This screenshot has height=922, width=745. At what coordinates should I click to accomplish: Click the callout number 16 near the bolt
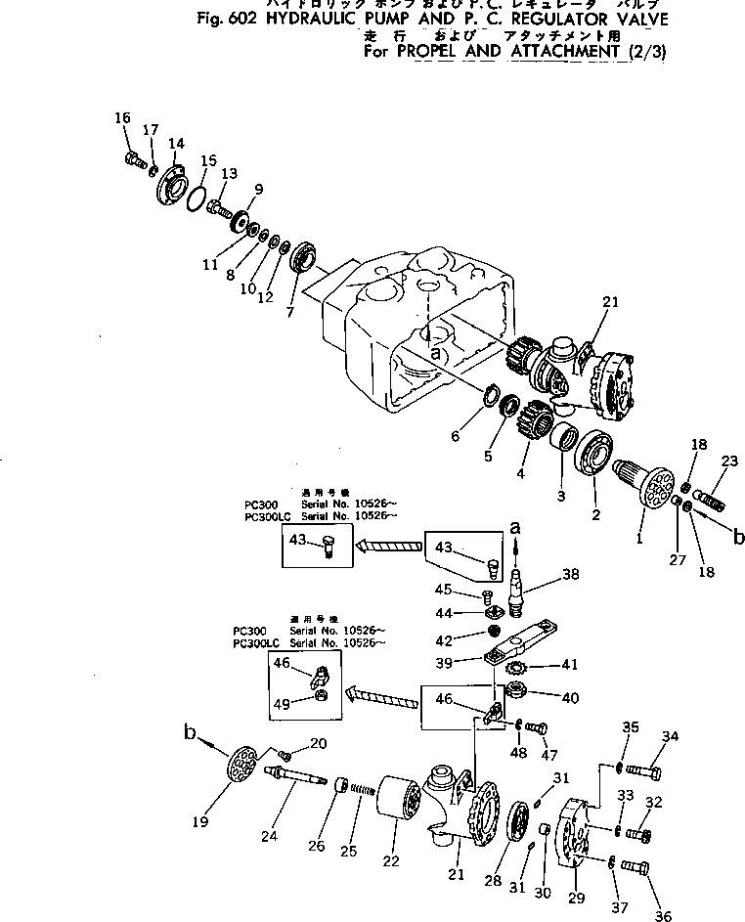[x=122, y=119]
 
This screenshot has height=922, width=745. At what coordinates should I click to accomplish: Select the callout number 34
[x=670, y=736]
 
